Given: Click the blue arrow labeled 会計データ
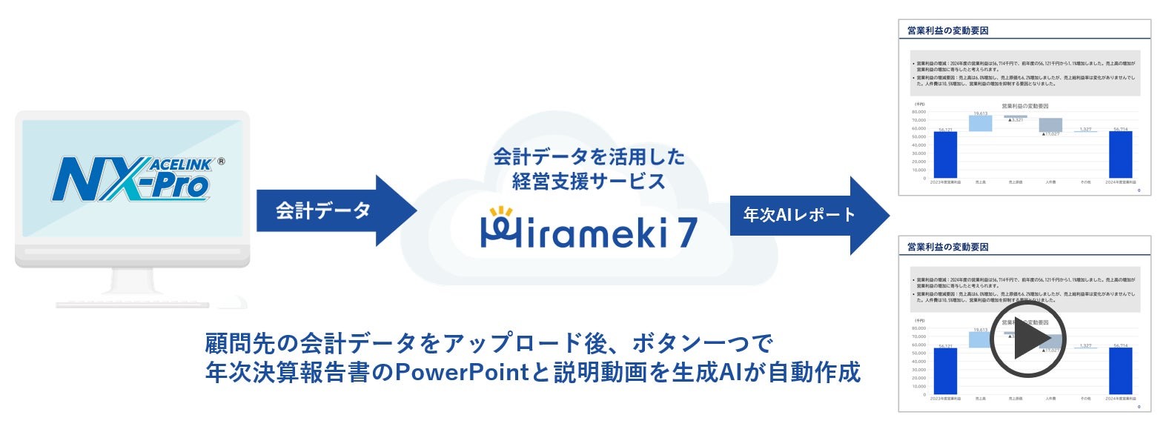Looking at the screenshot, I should (334, 211).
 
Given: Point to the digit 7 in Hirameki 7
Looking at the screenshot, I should (686, 232).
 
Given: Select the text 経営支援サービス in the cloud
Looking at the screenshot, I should (589, 182).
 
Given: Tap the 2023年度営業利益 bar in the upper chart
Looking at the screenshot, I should (945, 154).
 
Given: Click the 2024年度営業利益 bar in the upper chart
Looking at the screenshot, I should (1120, 154).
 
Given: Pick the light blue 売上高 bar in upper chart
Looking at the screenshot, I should (981, 123).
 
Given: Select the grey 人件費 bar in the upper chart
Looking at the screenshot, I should (1050, 124).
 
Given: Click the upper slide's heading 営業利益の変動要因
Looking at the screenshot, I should (948, 30).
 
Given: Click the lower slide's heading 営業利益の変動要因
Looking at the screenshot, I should (948, 247).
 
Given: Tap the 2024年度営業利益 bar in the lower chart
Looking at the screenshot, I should (1120, 371).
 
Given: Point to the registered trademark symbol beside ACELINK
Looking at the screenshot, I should (221, 162).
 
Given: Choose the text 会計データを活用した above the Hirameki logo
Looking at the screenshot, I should (589, 157).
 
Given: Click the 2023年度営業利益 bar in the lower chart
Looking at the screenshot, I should (945, 371).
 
